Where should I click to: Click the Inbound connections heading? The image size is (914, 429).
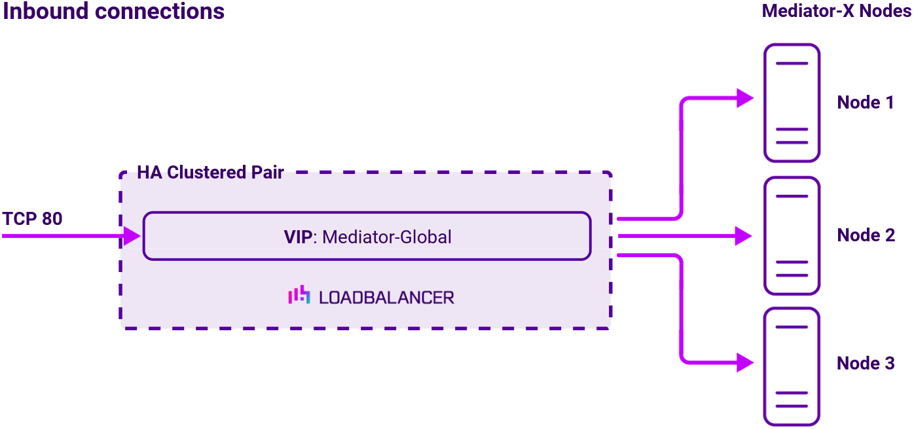[x=114, y=12]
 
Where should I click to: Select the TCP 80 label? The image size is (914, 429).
[x=33, y=218]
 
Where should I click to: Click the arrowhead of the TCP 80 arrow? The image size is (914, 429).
[x=133, y=235]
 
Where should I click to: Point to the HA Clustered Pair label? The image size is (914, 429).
[x=210, y=173]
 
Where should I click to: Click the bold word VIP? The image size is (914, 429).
[x=299, y=237]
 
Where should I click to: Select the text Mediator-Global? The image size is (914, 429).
[x=387, y=237]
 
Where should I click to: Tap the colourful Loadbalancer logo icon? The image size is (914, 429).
[x=299, y=296]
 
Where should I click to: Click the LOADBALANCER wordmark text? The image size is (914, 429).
[x=386, y=298]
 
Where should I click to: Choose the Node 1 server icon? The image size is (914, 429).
[x=792, y=103]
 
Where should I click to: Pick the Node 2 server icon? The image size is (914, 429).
[x=792, y=235]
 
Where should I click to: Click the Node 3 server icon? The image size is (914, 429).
[x=792, y=366]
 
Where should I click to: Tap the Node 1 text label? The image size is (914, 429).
[x=866, y=103]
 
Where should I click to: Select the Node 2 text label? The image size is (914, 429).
[x=866, y=235]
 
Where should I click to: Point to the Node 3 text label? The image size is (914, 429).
[x=866, y=364]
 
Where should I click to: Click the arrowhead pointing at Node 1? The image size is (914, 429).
[x=746, y=99]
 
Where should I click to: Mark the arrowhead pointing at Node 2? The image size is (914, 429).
[x=744, y=235]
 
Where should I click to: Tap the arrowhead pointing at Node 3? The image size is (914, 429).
[x=746, y=362]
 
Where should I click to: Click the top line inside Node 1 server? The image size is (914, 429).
[x=792, y=63]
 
